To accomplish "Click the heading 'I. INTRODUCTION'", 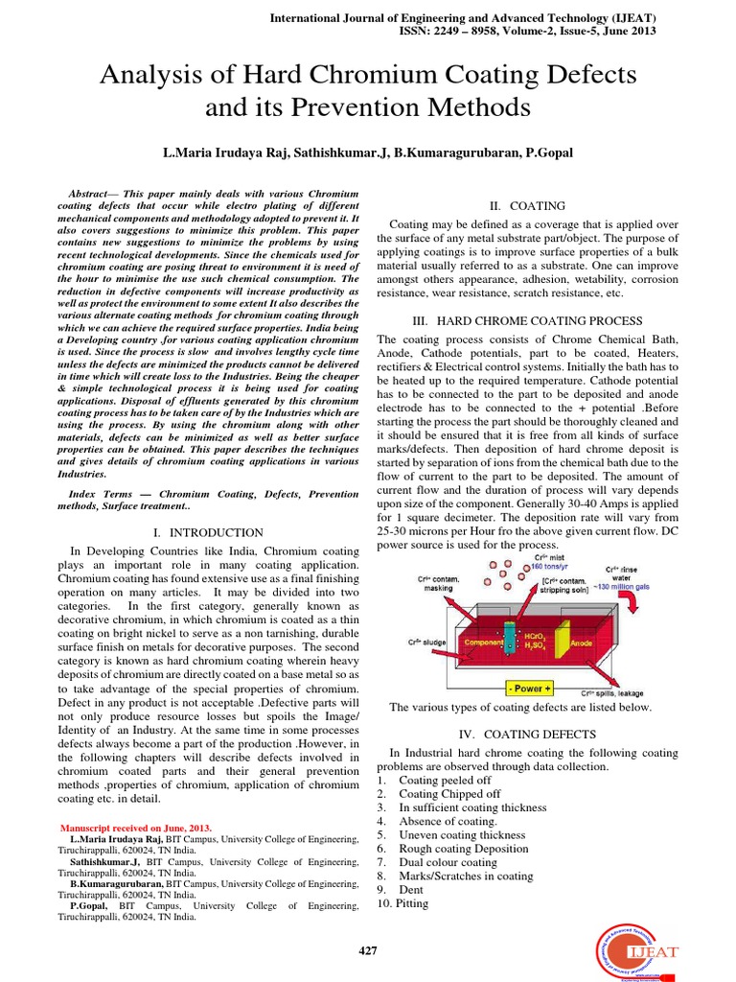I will (x=216, y=532).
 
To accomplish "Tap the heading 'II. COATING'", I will (x=527, y=206).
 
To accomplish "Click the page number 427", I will (x=368, y=950).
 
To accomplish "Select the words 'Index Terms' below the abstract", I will (x=101, y=493).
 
